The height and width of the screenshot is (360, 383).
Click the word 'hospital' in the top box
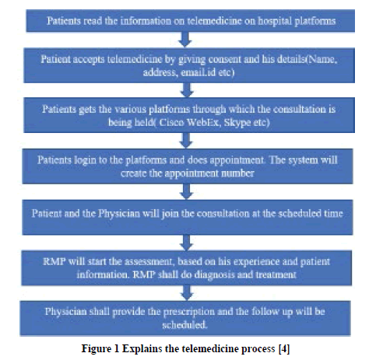(275, 21)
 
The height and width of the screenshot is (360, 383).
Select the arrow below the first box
(185, 40)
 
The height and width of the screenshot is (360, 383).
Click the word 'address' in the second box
(160, 72)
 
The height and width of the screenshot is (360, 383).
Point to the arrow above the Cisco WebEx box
(187, 90)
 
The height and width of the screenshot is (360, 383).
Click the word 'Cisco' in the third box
(171, 122)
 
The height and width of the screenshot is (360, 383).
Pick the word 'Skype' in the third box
(237, 122)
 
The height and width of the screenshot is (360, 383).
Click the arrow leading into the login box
(186, 140)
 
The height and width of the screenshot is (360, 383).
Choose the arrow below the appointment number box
(187, 191)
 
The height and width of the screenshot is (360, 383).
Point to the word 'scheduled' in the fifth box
(300, 214)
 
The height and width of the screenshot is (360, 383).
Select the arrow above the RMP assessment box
(187, 243)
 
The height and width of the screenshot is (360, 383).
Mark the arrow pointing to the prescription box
(187, 293)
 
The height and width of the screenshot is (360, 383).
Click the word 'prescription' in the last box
(188, 312)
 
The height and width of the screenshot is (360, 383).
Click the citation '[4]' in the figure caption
(284, 348)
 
